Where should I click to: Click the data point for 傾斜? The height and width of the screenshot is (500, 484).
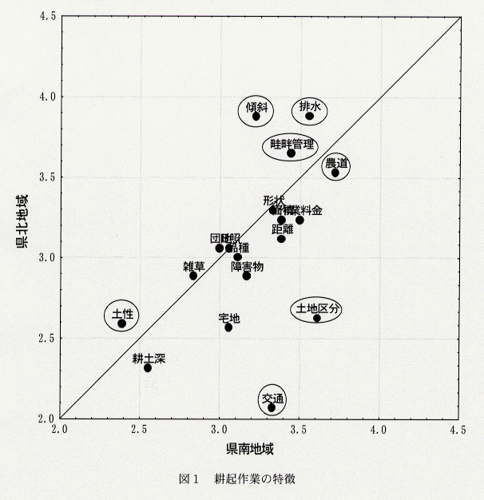(x=256, y=116)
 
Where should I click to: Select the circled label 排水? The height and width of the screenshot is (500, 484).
(x=310, y=105)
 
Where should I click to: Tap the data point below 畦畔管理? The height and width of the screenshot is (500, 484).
(x=292, y=153)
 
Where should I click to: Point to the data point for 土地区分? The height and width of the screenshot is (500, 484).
(x=317, y=318)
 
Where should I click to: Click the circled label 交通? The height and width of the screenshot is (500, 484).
(x=272, y=398)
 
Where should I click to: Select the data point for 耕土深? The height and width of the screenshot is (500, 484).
(x=148, y=367)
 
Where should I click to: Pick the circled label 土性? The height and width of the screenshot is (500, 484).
(x=122, y=313)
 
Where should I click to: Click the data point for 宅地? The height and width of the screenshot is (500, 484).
(x=228, y=327)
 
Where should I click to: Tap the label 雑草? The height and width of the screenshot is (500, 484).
(x=194, y=265)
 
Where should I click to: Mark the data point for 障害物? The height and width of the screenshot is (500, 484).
(x=247, y=276)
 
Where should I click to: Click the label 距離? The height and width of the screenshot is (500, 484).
(x=282, y=228)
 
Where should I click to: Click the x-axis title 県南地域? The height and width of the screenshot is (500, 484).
(x=250, y=449)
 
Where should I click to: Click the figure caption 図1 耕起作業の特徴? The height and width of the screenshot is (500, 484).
(x=241, y=479)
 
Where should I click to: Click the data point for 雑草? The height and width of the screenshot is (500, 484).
(x=193, y=276)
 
